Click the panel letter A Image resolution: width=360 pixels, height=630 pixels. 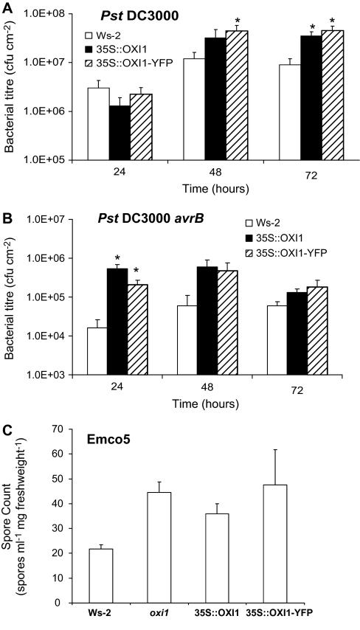(7, 7)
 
